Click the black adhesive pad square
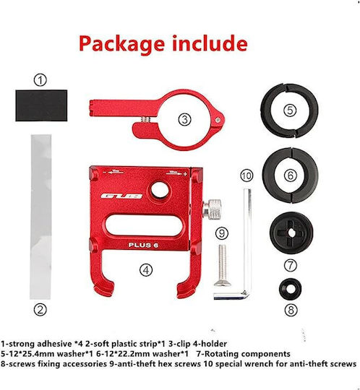point(41,105)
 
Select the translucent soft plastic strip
point(40,217)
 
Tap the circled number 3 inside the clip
point(185,120)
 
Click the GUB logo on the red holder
point(121,196)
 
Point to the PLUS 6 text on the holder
point(143,245)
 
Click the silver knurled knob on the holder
point(212,209)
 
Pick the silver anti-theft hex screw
point(223,265)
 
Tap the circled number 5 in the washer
point(290,110)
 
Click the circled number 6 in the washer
point(291,175)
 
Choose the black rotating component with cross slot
point(291,233)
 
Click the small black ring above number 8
point(291,289)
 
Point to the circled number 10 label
point(247,175)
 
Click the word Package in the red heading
point(121,44)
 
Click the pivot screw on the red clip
point(218,120)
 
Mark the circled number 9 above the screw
point(222,233)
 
